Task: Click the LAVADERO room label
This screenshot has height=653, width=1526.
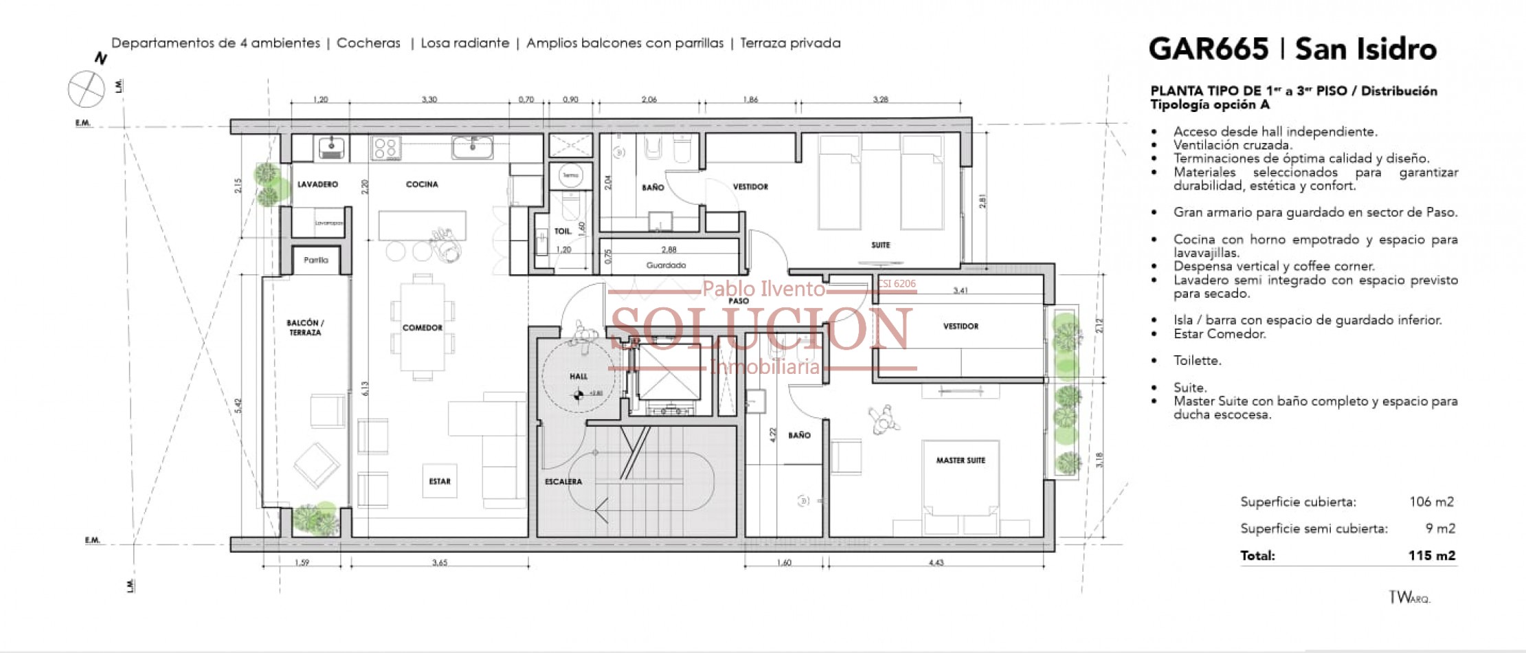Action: (x=317, y=184)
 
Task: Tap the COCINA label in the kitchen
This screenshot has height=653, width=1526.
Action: (x=422, y=184)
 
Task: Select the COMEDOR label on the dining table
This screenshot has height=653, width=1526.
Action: (x=422, y=328)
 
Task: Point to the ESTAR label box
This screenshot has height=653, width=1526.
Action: (x=440, y=481)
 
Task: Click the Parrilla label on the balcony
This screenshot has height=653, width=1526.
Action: (x=316, y=260)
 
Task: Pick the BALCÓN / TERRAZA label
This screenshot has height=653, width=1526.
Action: (x=305, y=327)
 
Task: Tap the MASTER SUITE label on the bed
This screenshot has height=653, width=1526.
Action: (x=961, y=461)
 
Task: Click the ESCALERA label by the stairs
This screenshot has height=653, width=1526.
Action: (x=563, y=482)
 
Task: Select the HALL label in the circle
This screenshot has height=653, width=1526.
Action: (x=579, y=376)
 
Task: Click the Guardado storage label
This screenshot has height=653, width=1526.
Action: (x=666, y=265)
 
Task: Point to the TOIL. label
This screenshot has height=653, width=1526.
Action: (x=563, y=232)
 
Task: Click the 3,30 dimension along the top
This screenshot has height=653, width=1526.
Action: (x=429, y=100)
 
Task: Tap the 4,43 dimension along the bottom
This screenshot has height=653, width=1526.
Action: (x=936, y=562)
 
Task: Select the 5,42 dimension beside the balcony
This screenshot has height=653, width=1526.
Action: (x=238, y=406)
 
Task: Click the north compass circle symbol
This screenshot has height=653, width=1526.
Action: (x=87, y=89)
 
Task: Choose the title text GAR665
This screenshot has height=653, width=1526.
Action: (x=1209, y=49)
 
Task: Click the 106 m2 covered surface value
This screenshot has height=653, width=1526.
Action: (x=1431, y=502)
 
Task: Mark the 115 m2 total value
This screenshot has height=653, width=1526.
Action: (x=1431, y=555)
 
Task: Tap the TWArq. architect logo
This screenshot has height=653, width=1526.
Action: (x=1409, y=597)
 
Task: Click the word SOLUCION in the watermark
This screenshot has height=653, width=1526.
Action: (x=761, y=329)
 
